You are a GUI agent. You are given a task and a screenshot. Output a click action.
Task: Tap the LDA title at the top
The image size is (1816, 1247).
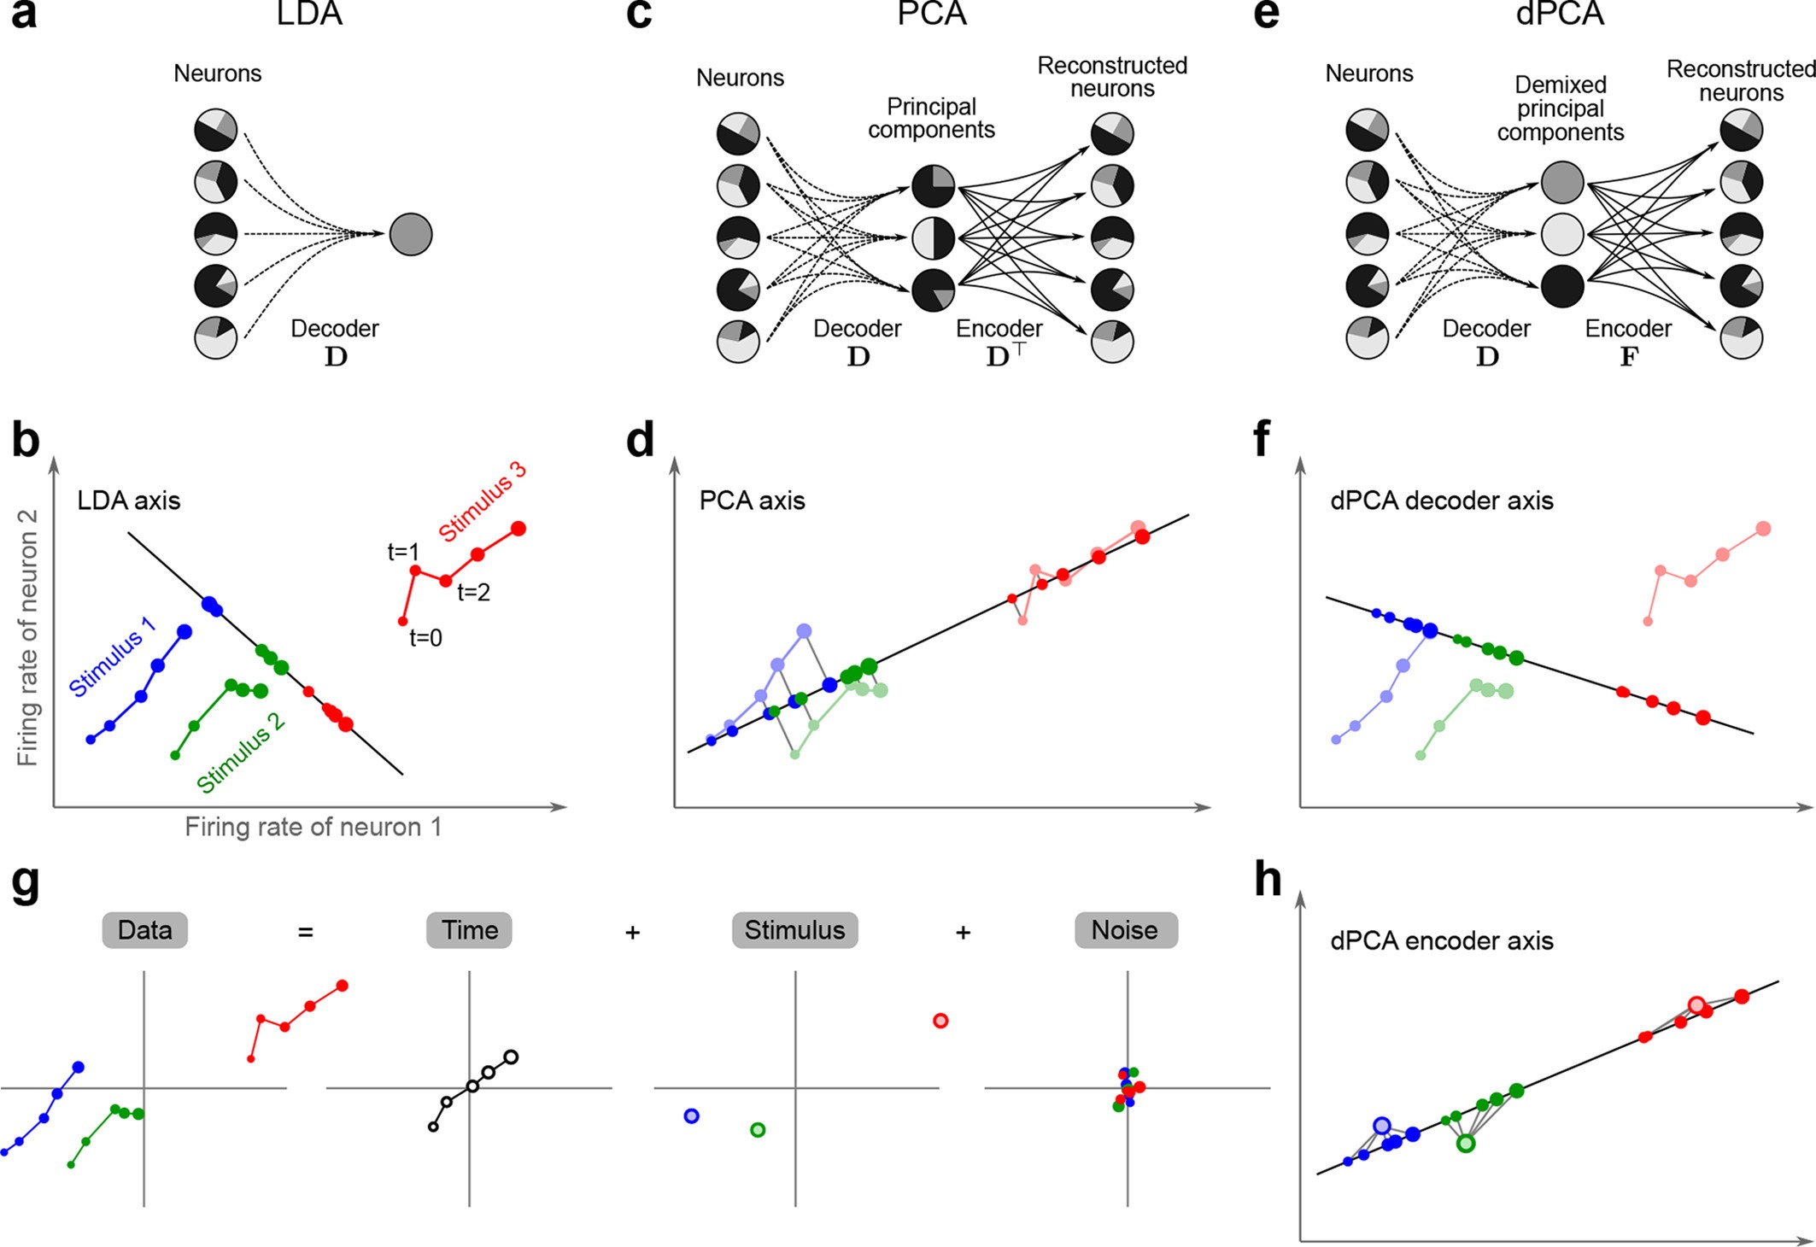point(309,14)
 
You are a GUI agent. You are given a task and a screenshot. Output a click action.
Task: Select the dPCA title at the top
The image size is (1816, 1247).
point(1560,14)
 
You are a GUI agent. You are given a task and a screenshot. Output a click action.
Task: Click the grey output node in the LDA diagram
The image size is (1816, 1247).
point(411,234)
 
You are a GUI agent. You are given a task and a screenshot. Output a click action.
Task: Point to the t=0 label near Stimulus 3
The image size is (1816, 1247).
point(425,637)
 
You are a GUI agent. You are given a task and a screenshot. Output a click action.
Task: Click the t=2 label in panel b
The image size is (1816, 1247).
point(473,592)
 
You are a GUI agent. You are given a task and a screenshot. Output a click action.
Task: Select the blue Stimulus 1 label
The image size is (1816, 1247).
point(112,656)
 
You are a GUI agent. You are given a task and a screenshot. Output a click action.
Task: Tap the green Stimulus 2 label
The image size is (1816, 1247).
point(241,752)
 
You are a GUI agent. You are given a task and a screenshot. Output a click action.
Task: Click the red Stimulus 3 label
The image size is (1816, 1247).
point(482,501)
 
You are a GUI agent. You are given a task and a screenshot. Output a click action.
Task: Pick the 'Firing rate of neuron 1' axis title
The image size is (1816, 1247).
point(313,827)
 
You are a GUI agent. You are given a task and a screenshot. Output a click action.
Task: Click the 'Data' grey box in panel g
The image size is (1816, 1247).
point(144,930)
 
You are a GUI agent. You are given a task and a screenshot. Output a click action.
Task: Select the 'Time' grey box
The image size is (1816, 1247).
point(469,930)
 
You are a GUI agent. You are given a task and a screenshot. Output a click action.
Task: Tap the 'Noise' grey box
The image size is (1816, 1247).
point(1125,930)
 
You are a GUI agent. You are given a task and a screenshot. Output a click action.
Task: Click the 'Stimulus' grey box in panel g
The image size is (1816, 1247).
point(794,930)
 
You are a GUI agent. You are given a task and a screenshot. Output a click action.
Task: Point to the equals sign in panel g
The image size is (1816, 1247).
point(305,932)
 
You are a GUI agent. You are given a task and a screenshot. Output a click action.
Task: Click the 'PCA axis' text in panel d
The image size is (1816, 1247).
point(752,501)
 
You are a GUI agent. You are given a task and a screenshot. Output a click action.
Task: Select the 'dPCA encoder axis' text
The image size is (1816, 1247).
point(1442,941)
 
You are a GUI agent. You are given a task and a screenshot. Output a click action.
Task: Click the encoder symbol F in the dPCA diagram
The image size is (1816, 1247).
point(1628,356)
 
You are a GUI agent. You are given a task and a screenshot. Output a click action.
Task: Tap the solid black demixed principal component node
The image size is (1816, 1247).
point(1562,286)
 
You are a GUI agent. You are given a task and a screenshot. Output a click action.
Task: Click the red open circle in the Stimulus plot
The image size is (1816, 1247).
point(940,1021)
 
